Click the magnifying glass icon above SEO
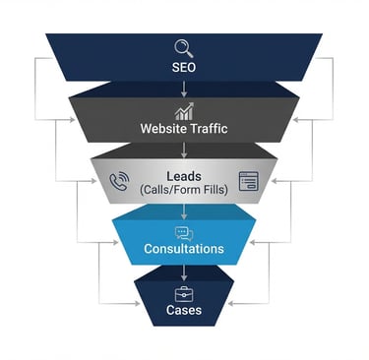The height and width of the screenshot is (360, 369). tap(184, 48)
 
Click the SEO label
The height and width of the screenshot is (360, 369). tap(184, 68)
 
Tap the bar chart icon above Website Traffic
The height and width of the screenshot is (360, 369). tap(184, 111)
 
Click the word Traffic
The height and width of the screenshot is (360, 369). tap(207, 129)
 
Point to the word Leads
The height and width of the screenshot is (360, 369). tap(184, 176)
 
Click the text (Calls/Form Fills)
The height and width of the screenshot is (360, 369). tap(184, 189)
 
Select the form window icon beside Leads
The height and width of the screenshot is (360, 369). tap(247, 181)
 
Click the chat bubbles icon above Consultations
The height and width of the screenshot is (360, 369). tap(184, 233)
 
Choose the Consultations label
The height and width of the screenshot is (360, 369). tap(184, 249)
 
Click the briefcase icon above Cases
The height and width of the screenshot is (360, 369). tap(184, 294)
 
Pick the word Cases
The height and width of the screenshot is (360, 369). tap(184, 311)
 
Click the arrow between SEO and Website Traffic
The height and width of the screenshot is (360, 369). tap(184, 89)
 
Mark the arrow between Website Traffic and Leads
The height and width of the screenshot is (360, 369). tap(184, 150)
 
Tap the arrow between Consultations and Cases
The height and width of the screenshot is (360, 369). tap(184, 270)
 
